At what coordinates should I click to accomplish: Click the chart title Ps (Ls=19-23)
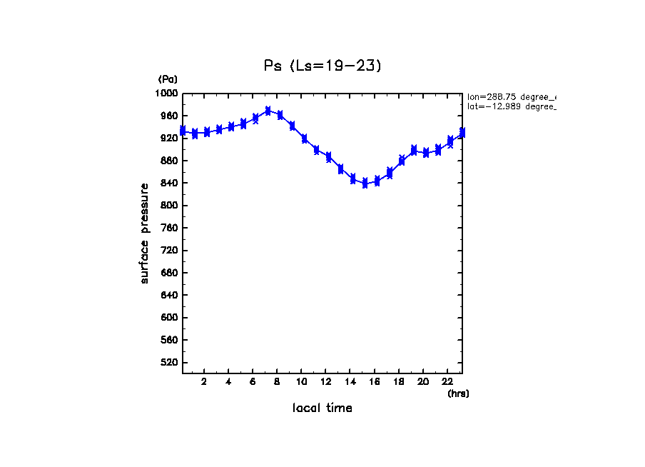tap(322, 66)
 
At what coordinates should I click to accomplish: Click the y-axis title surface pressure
tap(145, 233)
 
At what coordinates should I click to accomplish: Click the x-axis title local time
tap(322, 408)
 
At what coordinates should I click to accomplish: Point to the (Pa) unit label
tap(168, 79)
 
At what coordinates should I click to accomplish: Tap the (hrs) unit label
tap(458, 393)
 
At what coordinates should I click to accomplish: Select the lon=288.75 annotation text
tap(511, 96)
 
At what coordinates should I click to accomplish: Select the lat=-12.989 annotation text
tap(511, 106)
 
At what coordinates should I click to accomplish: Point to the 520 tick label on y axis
tap(169, 363)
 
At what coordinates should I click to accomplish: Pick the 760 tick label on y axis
tap(169, 228)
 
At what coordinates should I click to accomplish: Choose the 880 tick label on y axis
tap(169, 161)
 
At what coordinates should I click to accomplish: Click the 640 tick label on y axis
tap(169, 296)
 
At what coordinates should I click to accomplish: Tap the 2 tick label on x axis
tap(204, 381)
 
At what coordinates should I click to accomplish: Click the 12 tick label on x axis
tap(325, 381)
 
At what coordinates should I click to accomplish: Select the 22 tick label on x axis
tap(447, 381)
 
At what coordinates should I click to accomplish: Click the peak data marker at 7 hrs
tap(268, 111)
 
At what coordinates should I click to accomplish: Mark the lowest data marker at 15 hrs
tap(365, 184)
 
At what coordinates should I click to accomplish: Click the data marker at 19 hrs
tap(414, 150)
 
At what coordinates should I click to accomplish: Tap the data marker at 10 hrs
tap(304, 139)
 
